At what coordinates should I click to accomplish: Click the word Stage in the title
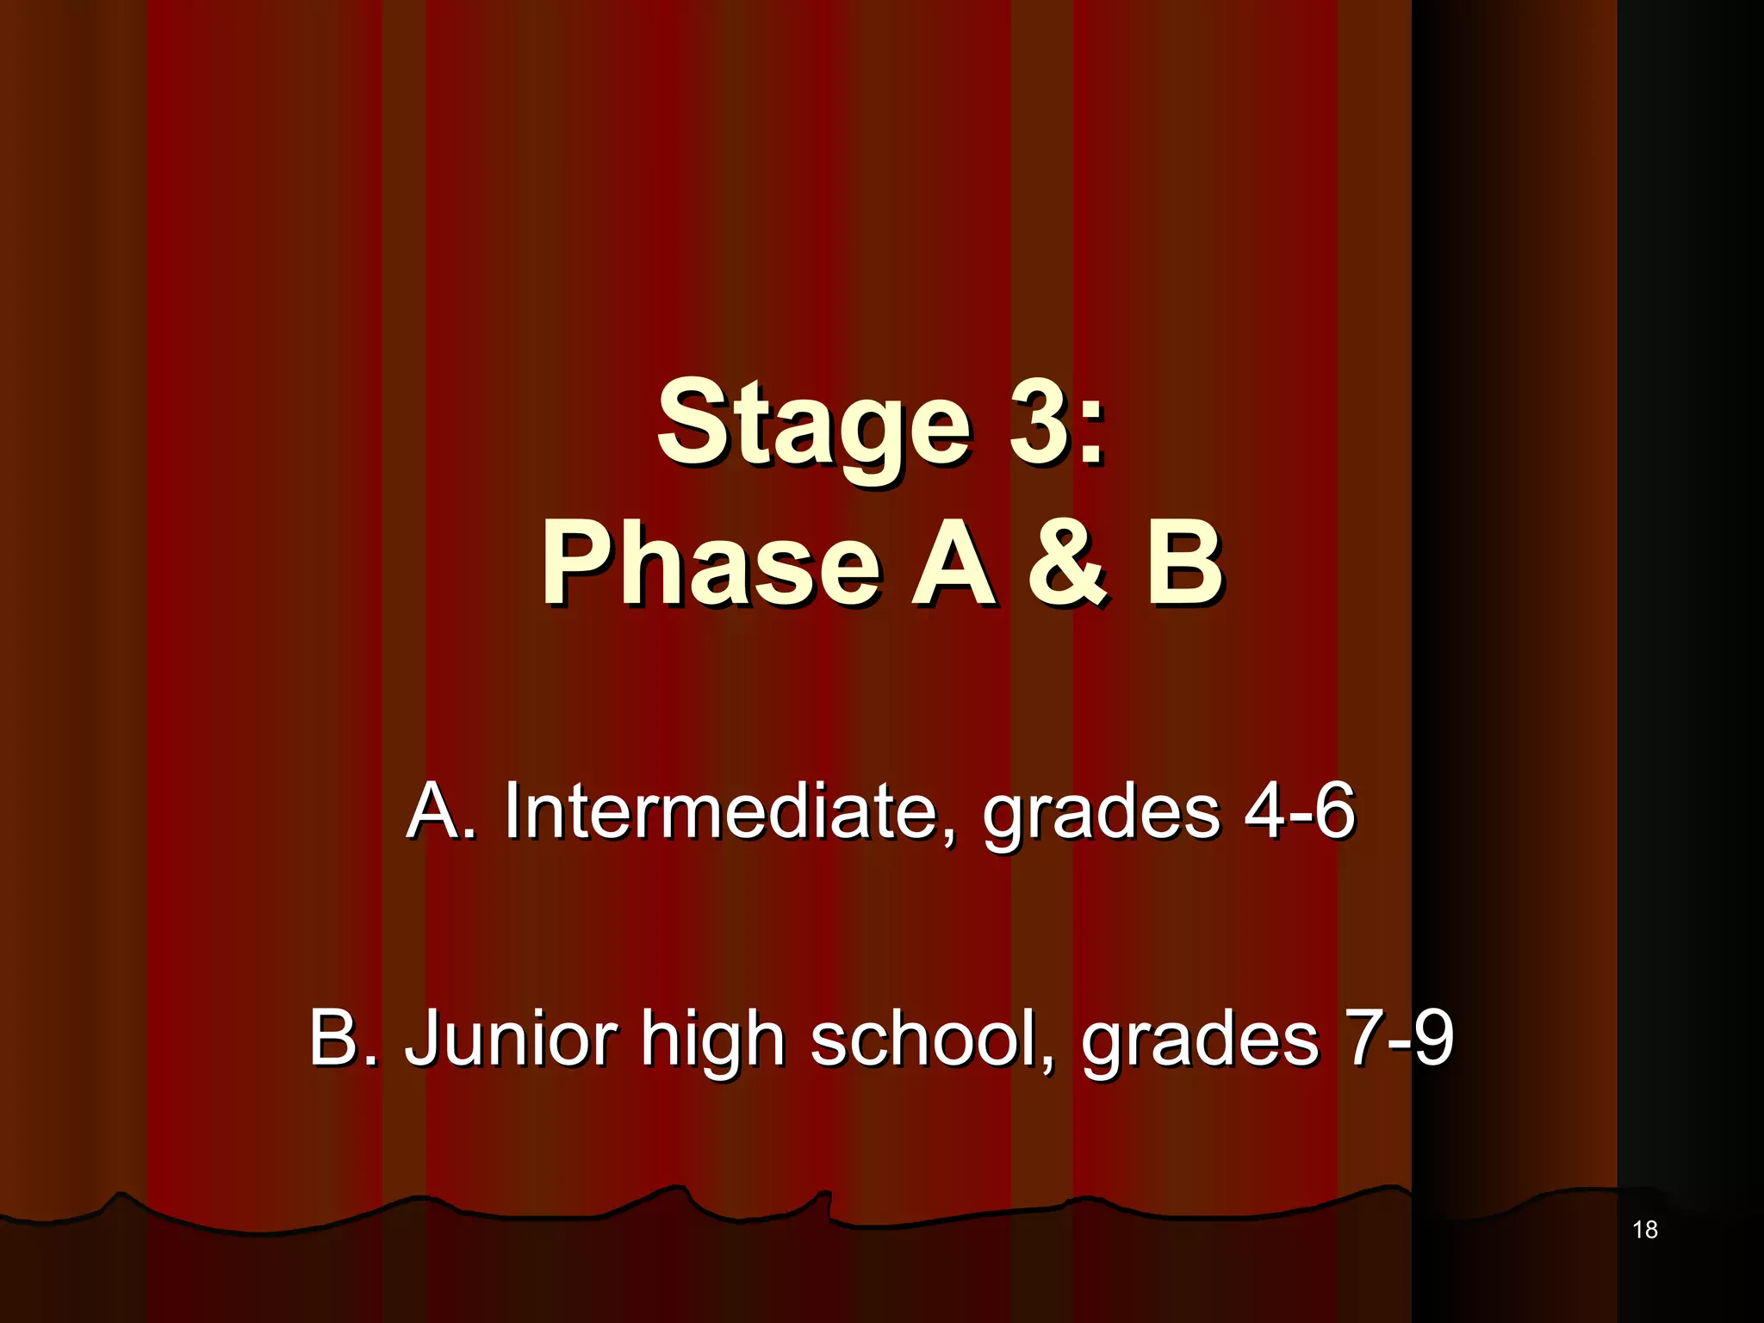[814, 426]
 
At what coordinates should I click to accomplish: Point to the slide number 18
[1644, 1230]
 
